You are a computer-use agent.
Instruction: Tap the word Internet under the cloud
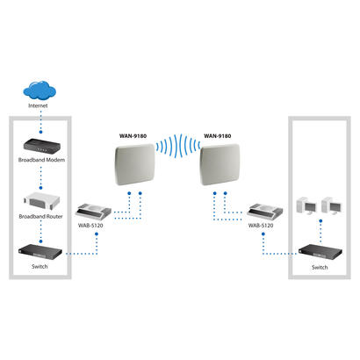38,105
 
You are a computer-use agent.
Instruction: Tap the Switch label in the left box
38,266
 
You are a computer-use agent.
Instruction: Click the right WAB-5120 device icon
265,212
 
